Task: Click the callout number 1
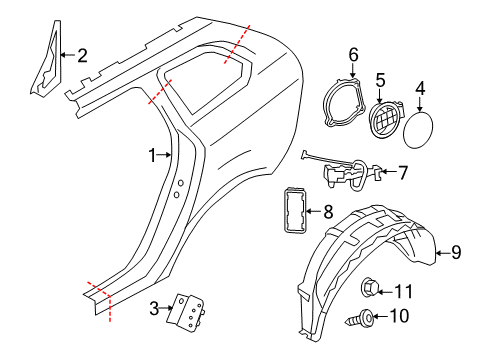tap(153, 155)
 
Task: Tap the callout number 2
tap(82, 56)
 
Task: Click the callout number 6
tap(353, 53)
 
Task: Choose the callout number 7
tap(402, 172)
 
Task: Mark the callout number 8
tap(328, 211)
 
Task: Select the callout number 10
tap(403, 317)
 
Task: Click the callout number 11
tap(403, 292)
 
